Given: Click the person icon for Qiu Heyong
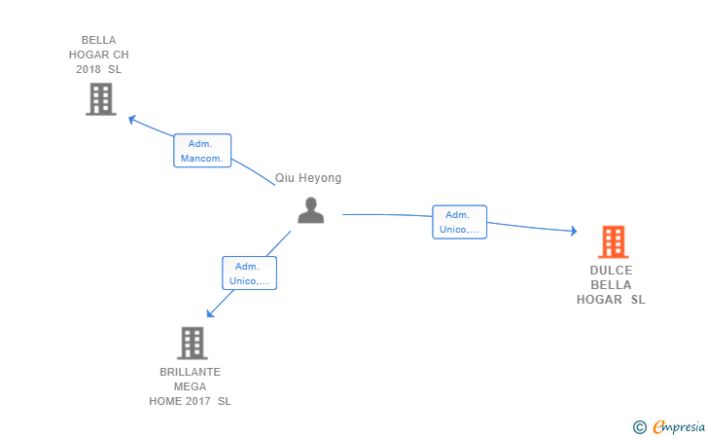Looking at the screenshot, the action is click(310, 210).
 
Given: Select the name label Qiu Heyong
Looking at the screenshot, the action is click(308, 178).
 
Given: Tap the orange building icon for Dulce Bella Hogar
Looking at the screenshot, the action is click(612, 241).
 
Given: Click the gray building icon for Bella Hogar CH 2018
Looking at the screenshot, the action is click(100, 98).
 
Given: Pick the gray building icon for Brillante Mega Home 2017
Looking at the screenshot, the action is click(193, 343).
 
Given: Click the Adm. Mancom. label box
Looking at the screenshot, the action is click(202, 151).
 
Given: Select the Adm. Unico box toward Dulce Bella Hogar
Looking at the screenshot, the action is click(459, 222).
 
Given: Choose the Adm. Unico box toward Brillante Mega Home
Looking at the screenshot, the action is click(250, 274).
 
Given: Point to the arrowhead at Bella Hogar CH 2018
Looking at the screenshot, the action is click(132, 120).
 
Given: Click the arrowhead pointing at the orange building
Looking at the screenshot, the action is click(574, 232).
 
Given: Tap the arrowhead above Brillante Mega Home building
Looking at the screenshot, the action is click(209, 313).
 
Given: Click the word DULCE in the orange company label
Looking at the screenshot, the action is click(611, 271).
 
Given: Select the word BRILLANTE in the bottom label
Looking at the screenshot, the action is click(190, 372).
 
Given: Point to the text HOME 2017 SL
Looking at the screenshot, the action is click(190, 401).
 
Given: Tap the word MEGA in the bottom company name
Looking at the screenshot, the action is click(190, 386).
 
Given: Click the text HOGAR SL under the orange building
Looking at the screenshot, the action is click(611, 300).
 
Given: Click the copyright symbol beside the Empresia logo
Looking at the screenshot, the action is click(639, 426).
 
